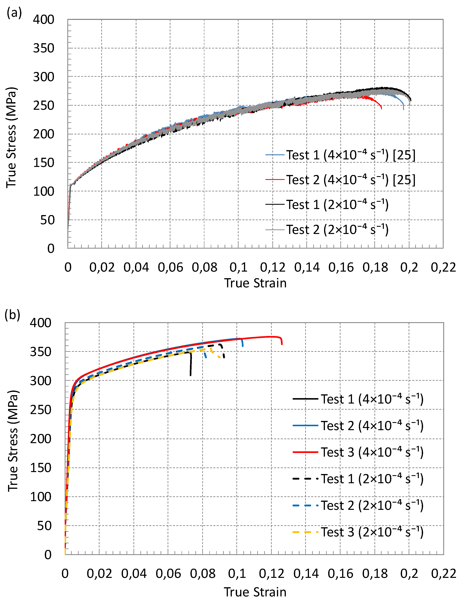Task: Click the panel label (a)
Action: click(x=14, y=13)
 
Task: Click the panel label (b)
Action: click(x=12, y=315)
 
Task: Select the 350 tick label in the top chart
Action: click(x=44, y=48)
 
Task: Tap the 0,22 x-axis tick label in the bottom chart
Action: click(x=443, y=574)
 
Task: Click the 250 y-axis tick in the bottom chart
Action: click(x=41, y=410)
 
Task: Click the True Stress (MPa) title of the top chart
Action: click(x=11, y=137)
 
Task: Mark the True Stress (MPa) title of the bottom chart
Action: click(x=13, y=441)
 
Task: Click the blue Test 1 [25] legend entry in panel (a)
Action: click(x=340, y=155)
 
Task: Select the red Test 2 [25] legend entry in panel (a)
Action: click(x=340, y=180)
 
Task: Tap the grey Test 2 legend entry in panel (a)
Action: click(x=327, y=230)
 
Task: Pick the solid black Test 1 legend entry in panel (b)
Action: click(x=358, y=399)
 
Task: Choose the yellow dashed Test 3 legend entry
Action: click(x=358, y=532)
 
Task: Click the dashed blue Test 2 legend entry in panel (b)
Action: click(x=358, y=505)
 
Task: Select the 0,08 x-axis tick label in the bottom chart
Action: click(x=203, y=574)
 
